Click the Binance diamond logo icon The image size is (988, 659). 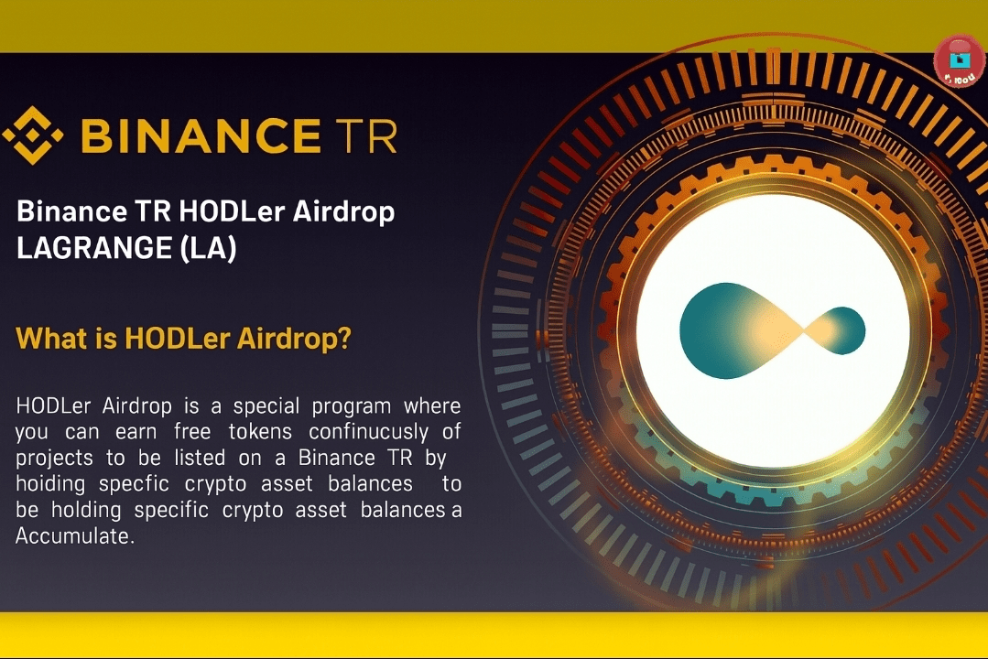click(x=33, y=135)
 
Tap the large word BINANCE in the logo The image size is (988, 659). click(x=201, y=135)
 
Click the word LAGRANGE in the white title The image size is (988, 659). click(x=94, y=248)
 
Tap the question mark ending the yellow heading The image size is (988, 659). click(x=344, y=338)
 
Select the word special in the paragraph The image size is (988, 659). click(x=266, y=406)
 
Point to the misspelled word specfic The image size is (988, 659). click(x=134, y=484)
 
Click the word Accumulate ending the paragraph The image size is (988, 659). click(x=75, y=536)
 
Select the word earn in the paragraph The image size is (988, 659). click(x=136, y=432)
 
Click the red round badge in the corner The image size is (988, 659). click(x=960, y=61)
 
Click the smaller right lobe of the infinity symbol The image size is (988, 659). click(x=836, y=330)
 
